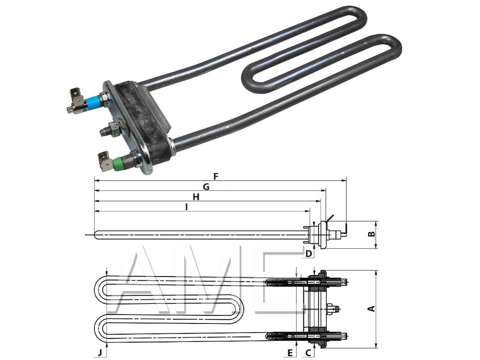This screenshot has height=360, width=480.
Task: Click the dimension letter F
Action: [216, 176]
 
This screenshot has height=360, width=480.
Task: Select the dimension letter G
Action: [206, 187]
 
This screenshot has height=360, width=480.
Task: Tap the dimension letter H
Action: [196, 197]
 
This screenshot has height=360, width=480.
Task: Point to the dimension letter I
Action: [186, 207]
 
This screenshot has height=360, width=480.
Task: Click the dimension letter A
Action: [371, 308]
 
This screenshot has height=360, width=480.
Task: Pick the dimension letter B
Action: [371, 233]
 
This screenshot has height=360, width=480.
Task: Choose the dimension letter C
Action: [308, 352]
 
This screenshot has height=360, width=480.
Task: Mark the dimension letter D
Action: [308, 254]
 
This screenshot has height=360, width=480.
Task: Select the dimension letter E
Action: [290, 352]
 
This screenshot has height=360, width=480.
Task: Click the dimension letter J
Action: [100, 352]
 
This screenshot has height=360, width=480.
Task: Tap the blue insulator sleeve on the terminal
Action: [92, 101]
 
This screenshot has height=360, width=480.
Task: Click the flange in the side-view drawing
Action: [322, 232]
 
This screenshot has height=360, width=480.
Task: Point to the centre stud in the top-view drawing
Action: [334, 308]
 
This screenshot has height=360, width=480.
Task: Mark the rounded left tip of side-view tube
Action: [97, 235]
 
